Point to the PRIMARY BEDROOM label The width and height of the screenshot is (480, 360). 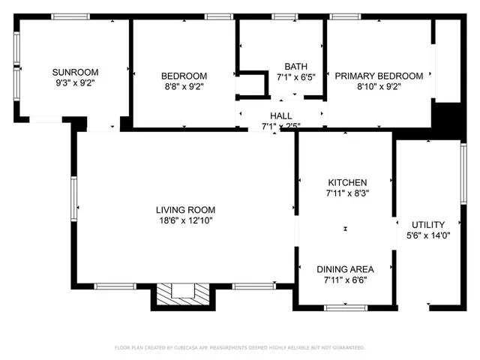coord(378,75)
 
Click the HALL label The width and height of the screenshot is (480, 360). coord(281,115)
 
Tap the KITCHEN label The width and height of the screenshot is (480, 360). coord(347,182)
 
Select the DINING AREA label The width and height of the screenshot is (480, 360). coord(345,269)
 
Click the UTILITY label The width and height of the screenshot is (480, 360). coord(428,224)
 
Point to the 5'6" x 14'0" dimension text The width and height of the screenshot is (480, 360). coord(428,235)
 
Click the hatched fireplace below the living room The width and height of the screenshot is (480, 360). coord(182,295)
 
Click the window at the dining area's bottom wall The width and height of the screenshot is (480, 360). coord(346,307)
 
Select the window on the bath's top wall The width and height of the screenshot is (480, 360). coord(284,16)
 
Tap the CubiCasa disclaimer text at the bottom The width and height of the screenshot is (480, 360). coord(239,348)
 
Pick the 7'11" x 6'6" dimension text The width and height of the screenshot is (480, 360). coord(345,280)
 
